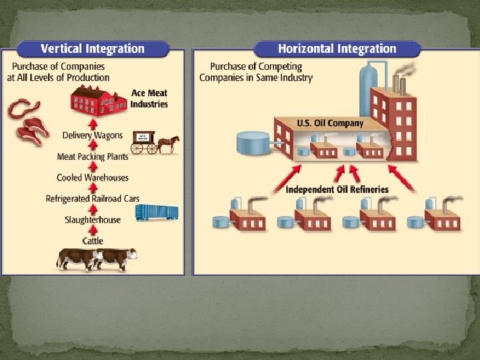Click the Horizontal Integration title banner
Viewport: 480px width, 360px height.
click(x=337, y=49)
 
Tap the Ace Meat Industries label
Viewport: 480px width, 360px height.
click(x=149, y=99)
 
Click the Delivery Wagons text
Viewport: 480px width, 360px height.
click(x=93, y=135)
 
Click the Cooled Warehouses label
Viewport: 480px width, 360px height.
click(x=93, y=177)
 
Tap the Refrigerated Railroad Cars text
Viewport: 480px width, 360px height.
click(x=93, y=199)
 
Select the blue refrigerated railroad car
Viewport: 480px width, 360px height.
click(x=157, y=213)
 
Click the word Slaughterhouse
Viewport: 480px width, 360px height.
click(x=93, y=219)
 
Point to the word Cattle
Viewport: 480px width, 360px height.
click(x=93, y=240)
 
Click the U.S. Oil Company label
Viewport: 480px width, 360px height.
click(x=330, y=123)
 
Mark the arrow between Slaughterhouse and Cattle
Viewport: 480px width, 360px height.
click(x=93, y=230)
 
